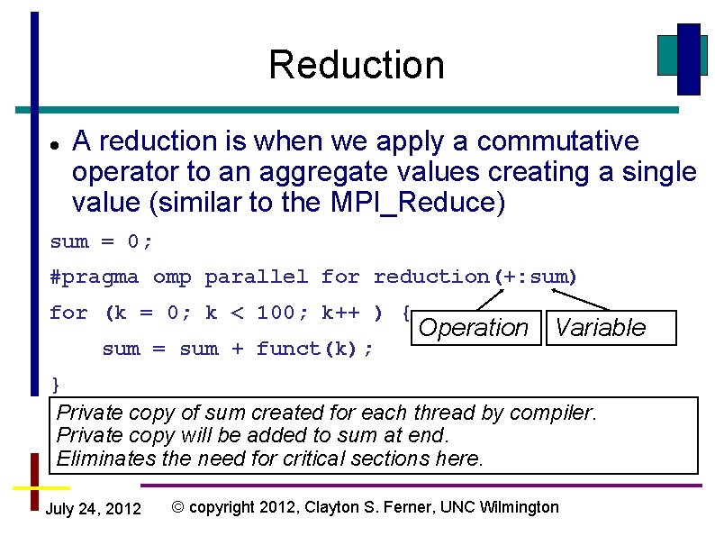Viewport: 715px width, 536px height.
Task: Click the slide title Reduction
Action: click(x=356, y=65)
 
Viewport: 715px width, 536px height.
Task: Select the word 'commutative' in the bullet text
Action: click(x=557, y=141)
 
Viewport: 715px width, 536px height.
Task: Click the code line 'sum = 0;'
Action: click(x=102, y=241)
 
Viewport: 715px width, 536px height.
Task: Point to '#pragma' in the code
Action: click(x=95, y=277)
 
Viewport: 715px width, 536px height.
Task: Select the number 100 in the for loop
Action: click(x=276, y=313)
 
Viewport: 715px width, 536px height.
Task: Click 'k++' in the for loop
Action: click(x=340, y=313)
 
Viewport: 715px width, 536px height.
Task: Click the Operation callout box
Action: click(x=474, y=328)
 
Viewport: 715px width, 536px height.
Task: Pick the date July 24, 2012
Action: click(x=93, y=509)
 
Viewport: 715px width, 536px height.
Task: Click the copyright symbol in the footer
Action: click(x=178, y=507)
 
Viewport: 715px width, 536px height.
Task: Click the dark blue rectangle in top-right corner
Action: click(x=688, y=59)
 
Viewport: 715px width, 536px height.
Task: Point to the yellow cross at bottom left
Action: click(x=35, y=486)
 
